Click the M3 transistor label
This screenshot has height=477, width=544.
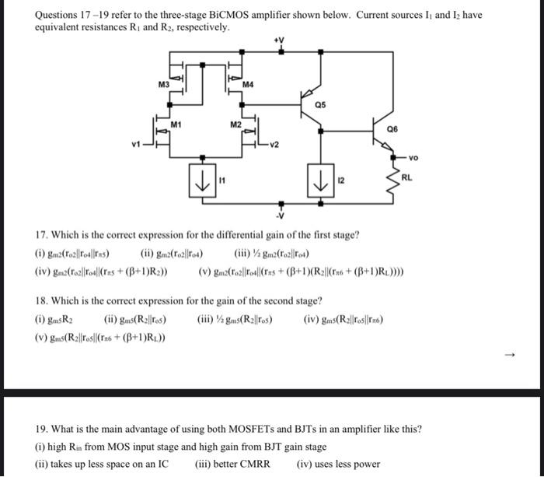[163, 83]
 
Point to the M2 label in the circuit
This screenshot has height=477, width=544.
[235, 125]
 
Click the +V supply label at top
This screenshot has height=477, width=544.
[281, 39]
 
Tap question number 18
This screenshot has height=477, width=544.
[44, 300]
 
